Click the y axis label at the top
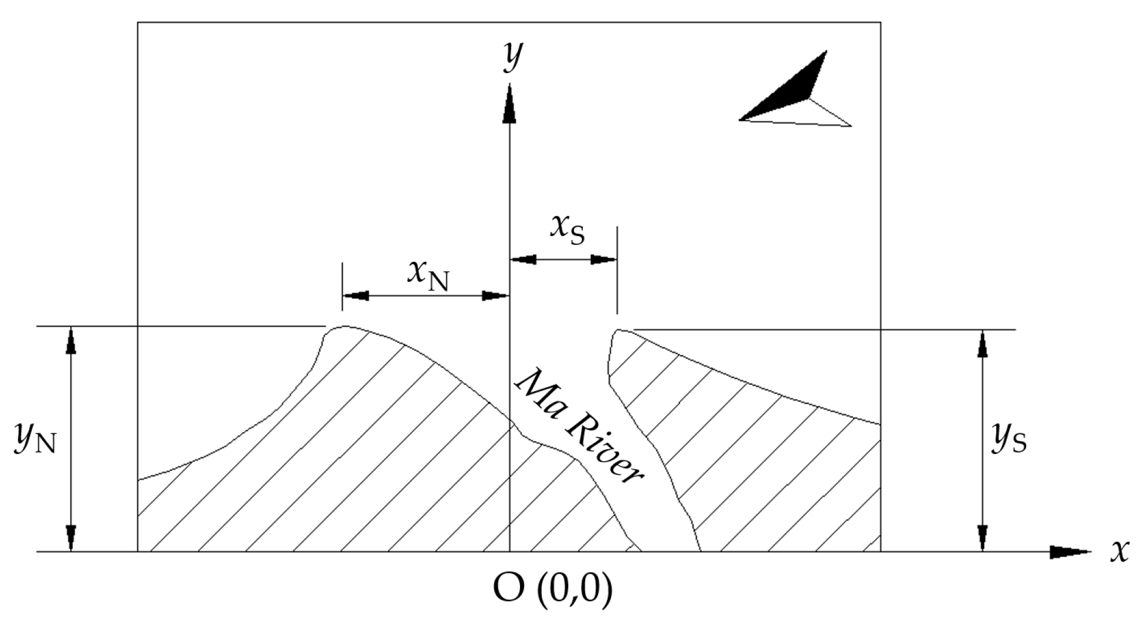click(x=512, y=57)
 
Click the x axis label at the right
click(x=1119, y=551)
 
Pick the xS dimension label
click(x=567, y=229)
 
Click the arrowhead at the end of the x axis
click(x=1069, y=552)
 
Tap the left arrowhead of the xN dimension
click(x=355, y=296)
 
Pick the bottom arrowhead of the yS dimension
click(x=983, y=538)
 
